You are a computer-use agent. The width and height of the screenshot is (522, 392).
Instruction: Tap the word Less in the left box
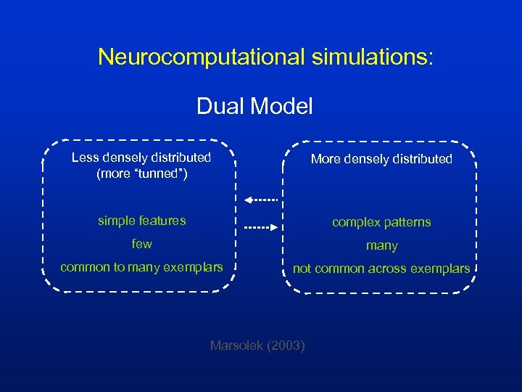[84, 158]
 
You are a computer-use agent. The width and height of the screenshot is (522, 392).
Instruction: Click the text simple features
[142, 221]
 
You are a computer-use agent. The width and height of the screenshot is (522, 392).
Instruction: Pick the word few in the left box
[141, 244]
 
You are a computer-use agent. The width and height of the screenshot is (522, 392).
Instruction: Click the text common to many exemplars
[141, 267]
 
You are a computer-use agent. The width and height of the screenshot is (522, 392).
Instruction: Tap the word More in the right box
[326, 159]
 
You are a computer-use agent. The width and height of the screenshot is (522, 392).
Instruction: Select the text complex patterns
[381, 222]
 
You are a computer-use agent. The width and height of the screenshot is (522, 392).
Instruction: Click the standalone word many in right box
[381, 246]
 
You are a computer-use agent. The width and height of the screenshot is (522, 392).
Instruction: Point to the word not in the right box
[302, 269]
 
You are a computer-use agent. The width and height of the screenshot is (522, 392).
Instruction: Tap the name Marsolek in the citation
[236, 346]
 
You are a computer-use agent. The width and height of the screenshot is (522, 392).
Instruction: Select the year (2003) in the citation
[286, 346]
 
